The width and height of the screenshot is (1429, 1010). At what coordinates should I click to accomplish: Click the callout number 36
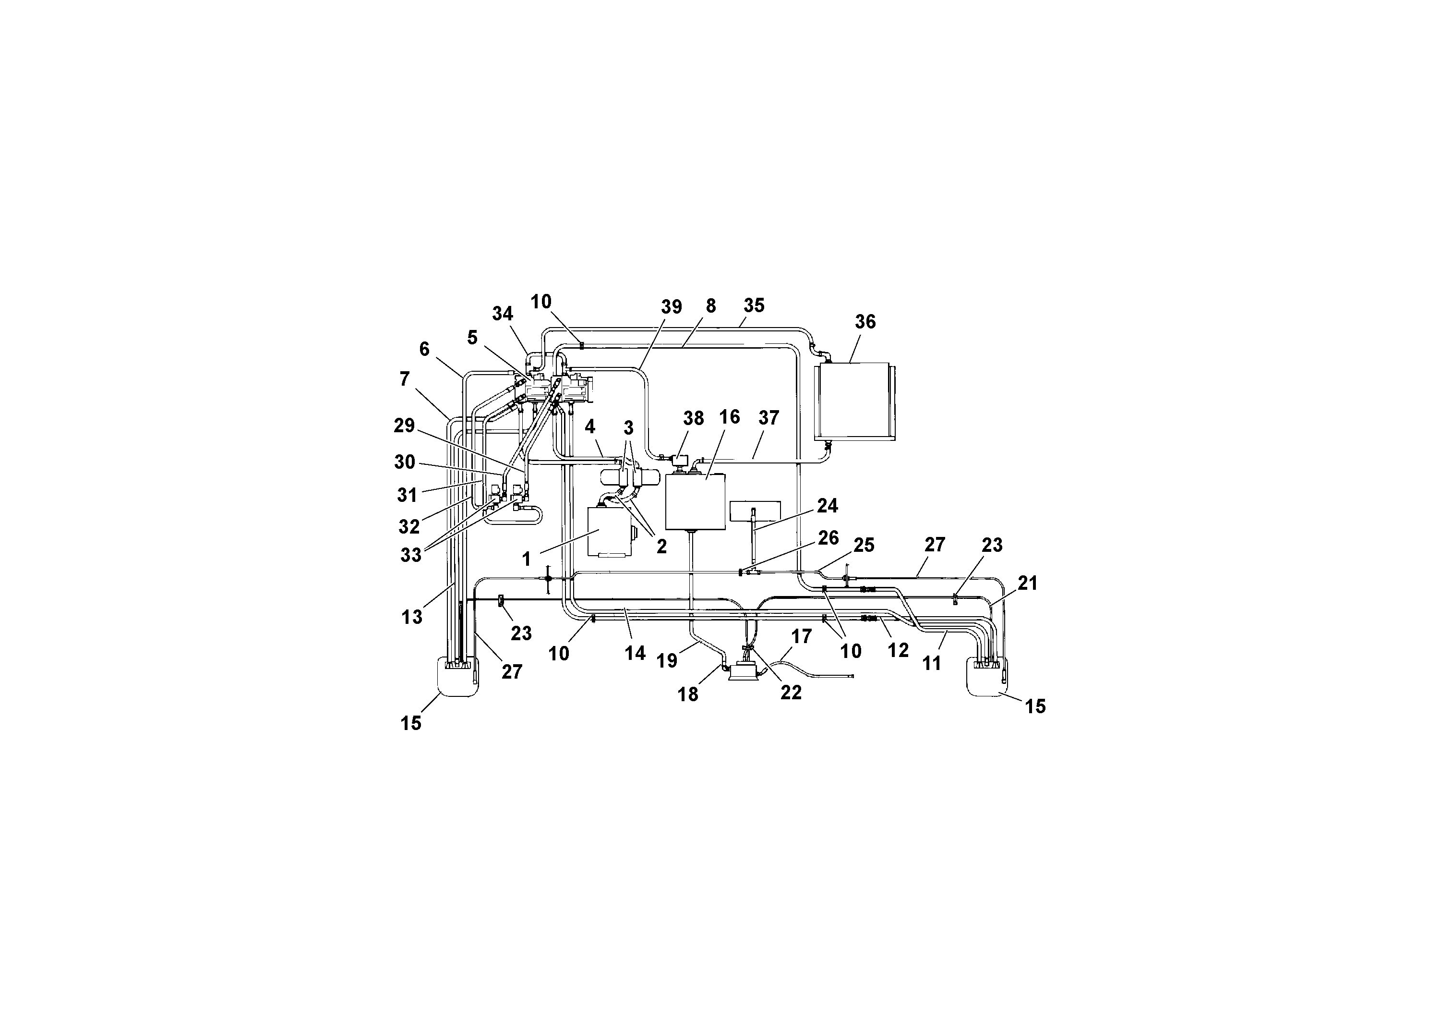[x=865, y=322]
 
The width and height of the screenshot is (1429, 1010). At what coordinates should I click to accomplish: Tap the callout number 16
[x=730, y=417]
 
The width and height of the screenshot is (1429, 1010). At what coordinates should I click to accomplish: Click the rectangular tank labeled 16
[x=695, y=502]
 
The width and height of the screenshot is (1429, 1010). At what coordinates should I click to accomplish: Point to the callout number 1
[x=527, y=559]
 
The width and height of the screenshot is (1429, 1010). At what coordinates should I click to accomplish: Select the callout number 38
[x=693, y=418]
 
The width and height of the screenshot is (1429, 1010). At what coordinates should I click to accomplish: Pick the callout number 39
[x=672, y=307]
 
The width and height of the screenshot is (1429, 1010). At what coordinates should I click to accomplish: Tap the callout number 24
[x=827, y=506]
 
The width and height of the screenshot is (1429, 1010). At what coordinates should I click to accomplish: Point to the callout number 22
[x=791, y=693]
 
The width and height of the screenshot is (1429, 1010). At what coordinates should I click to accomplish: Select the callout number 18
[x=688, y=694]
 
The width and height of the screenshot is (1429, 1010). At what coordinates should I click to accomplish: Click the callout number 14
[x=635, y=653]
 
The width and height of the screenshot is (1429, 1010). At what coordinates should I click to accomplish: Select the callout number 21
[x=1028, y=584]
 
